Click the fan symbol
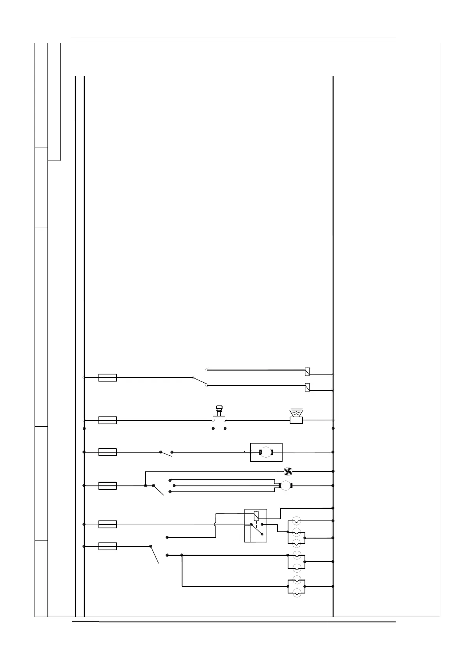288,471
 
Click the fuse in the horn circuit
108,420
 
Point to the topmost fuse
108,378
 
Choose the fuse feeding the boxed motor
108,452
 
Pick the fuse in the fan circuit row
108,486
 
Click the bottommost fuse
108,546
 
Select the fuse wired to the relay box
108,524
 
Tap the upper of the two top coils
307,371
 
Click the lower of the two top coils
307,387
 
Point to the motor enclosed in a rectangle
266,452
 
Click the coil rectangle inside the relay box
256,516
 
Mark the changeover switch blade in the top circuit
199,381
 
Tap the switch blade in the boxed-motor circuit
166,454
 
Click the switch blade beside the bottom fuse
154,554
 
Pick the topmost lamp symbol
297,521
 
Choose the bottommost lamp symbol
297,592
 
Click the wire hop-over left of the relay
215,524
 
